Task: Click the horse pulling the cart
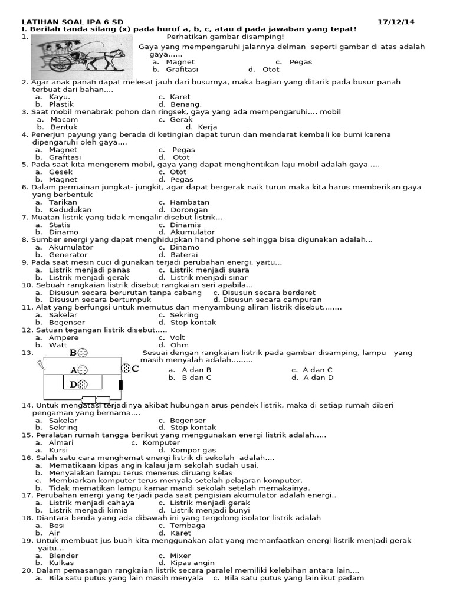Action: pos(110,57)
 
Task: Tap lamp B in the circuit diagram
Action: pos(83,353)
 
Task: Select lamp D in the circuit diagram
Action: pos(83,385)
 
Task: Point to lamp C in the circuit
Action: pos(126,369)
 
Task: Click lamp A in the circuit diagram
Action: pos(83,370)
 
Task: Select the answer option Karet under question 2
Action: pos(180,97)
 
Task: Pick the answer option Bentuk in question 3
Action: pos(64,127)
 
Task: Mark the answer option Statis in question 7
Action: pos(60,225)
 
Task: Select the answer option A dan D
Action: pos(319,377)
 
